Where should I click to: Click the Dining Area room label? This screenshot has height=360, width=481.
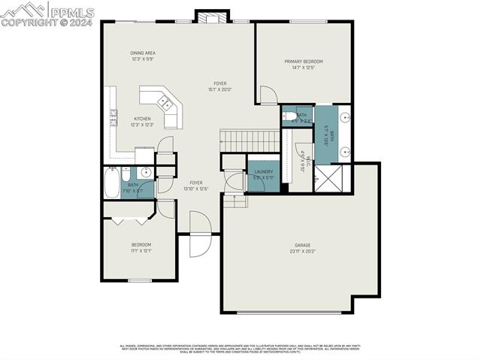143,56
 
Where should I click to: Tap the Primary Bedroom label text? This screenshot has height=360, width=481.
303,64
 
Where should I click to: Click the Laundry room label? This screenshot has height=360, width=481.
263,174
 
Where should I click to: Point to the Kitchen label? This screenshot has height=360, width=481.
141,121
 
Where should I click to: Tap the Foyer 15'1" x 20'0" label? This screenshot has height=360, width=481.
219,86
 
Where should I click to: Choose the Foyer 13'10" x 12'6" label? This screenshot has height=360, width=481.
195,185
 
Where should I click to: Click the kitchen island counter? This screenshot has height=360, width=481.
160,104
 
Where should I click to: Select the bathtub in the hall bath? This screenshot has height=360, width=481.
111,181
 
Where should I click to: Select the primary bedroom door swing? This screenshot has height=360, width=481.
268,95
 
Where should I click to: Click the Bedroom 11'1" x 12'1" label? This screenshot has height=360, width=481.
141,247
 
